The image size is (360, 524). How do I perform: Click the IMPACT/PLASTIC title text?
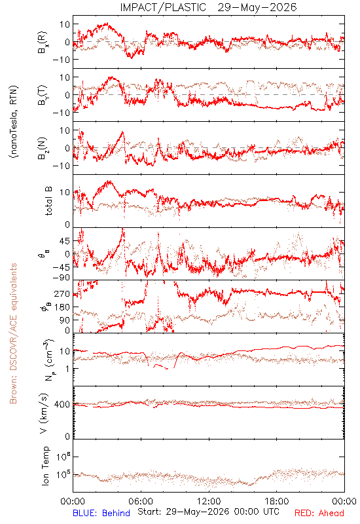(163, 7)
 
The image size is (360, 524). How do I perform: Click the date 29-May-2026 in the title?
(257, 7)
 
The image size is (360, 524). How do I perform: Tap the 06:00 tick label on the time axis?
(141, 501)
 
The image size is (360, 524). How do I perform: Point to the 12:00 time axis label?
(209, 501)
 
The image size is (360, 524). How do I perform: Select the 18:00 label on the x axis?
(277, 501)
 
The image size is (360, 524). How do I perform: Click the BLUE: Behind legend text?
(101, 513)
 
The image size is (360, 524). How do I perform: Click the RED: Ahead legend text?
(319, 513)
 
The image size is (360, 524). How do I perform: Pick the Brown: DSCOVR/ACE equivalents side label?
(13, 333)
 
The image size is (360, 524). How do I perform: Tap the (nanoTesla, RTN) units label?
(14, 122)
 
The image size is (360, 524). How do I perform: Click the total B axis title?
(48, 201)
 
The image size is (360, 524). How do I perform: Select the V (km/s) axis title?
(44, 413)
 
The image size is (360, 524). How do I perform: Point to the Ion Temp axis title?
(45, 466)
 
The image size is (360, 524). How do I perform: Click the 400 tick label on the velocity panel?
(62, 404)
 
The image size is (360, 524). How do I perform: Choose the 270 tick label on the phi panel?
(62, 294)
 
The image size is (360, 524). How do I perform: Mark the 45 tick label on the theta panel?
(65, 241)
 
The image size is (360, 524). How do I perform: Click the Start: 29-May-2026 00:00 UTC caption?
(208, 512)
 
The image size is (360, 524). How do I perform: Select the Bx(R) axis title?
(43, 42)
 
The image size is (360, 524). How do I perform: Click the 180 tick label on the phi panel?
(62, 307)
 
